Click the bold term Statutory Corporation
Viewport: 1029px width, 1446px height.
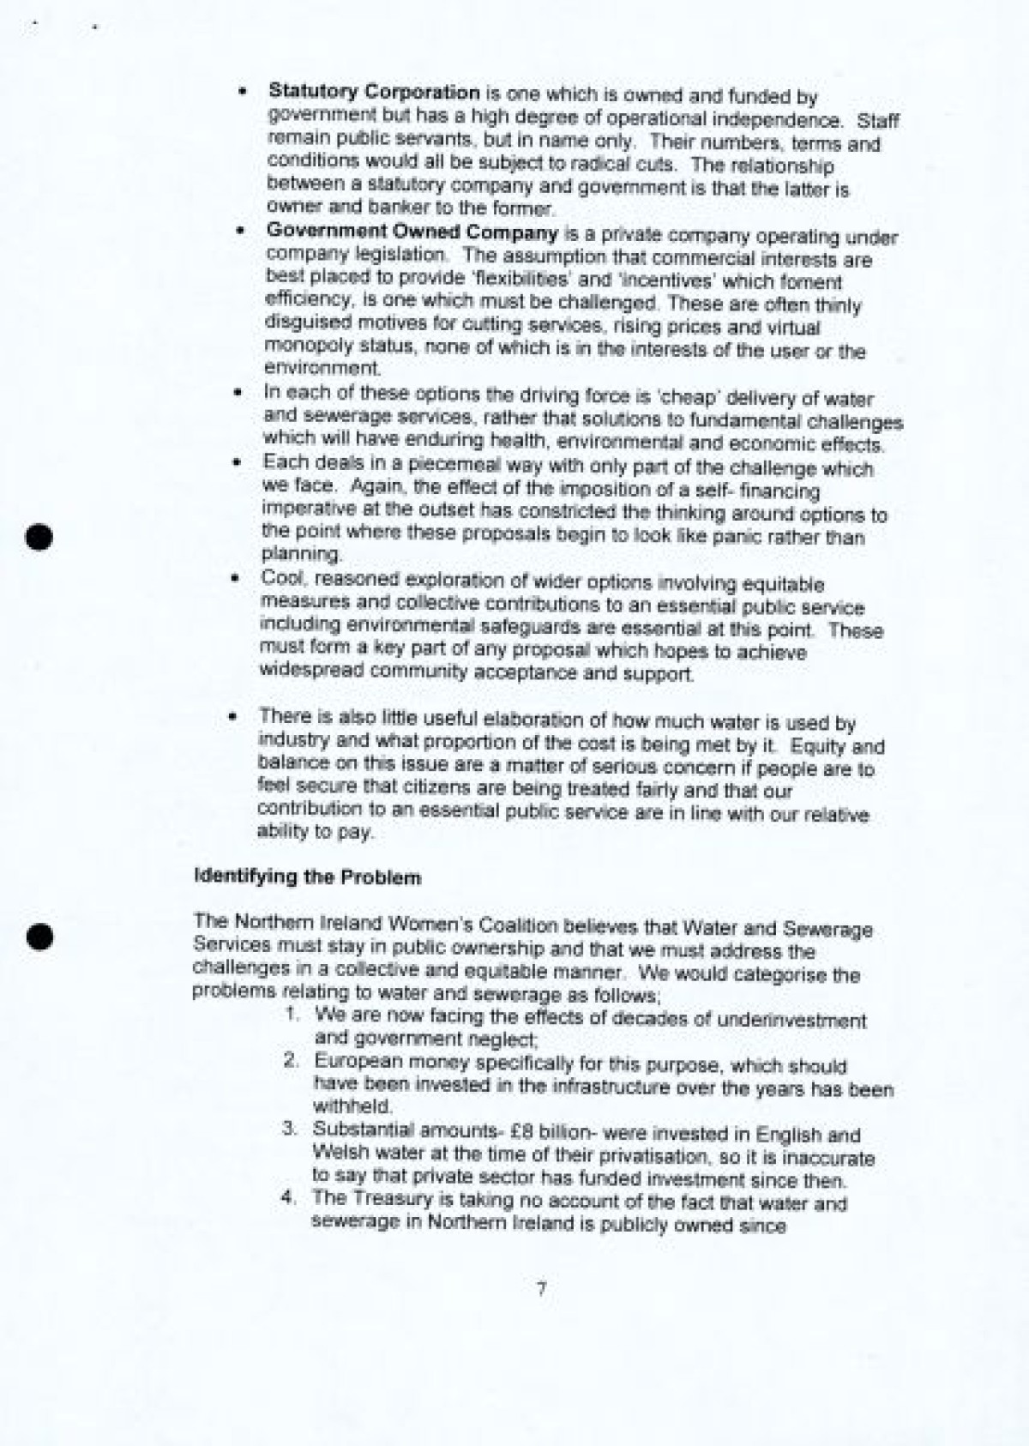click(374, 93)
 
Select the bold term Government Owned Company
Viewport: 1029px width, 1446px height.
click(412, 232)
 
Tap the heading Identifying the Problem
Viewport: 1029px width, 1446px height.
click(308, 877)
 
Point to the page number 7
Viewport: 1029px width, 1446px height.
click(541, 1289)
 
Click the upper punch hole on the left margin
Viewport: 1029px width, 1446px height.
click(39, 536)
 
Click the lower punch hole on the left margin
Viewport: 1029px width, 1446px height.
click(39, 937)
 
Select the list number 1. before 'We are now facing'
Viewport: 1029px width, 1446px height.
click(292, 1015)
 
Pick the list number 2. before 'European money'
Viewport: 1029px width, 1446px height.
click(292, 1061)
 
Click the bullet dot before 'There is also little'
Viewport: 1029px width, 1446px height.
click(232, 715)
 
